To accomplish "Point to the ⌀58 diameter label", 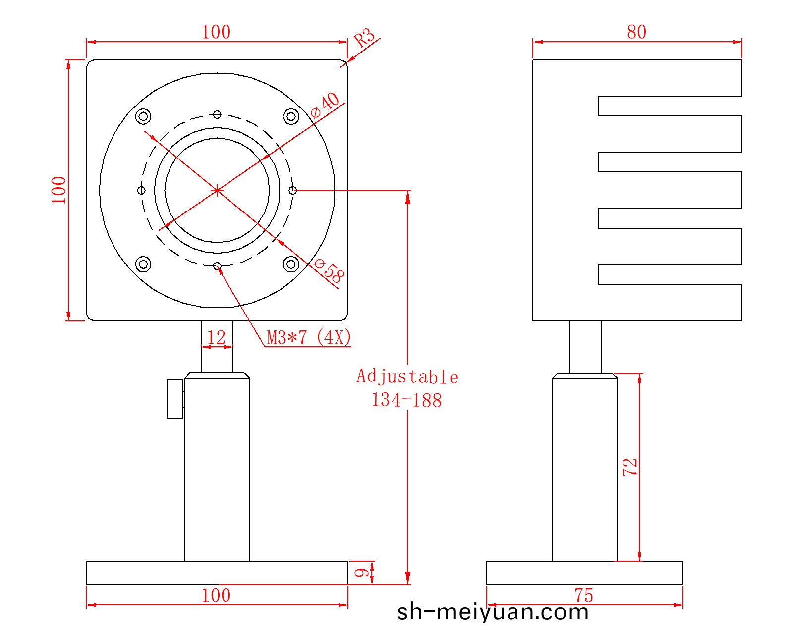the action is (329, 270).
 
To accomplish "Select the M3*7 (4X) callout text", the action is (309, 337).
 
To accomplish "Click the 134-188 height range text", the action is (406, 400).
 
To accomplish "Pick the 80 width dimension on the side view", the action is (636, 32).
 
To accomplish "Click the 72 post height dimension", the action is (630, 467).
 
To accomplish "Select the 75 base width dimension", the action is (584, 596).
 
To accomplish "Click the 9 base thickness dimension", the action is (361, 573).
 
